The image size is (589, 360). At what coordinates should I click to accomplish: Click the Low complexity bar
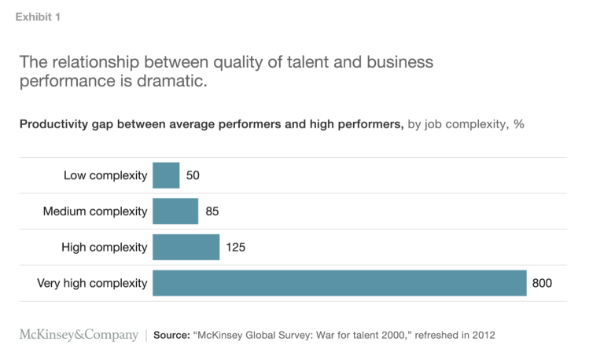click(166, 175)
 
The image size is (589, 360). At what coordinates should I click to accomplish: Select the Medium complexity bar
click(175, 211)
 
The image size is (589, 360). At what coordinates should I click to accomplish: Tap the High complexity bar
click(186, 247)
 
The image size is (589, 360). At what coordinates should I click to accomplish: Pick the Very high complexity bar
click(339, 283)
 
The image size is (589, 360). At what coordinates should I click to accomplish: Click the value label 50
click(193, 175)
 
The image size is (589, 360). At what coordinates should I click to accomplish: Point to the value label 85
click(212, 211)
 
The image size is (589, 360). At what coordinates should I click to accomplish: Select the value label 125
click(236, 247)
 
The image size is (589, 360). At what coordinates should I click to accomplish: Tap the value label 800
click(543, 283)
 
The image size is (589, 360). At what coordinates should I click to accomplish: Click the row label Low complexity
click(105, 175)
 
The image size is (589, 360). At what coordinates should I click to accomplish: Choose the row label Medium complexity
click(95, 211)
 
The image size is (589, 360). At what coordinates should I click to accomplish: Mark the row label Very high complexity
click(92, 283)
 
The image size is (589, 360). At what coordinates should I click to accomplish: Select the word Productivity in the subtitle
click(52, 124)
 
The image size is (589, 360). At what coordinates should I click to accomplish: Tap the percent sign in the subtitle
click(519, 124)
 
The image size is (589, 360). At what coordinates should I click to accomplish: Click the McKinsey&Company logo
click(79, 335)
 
